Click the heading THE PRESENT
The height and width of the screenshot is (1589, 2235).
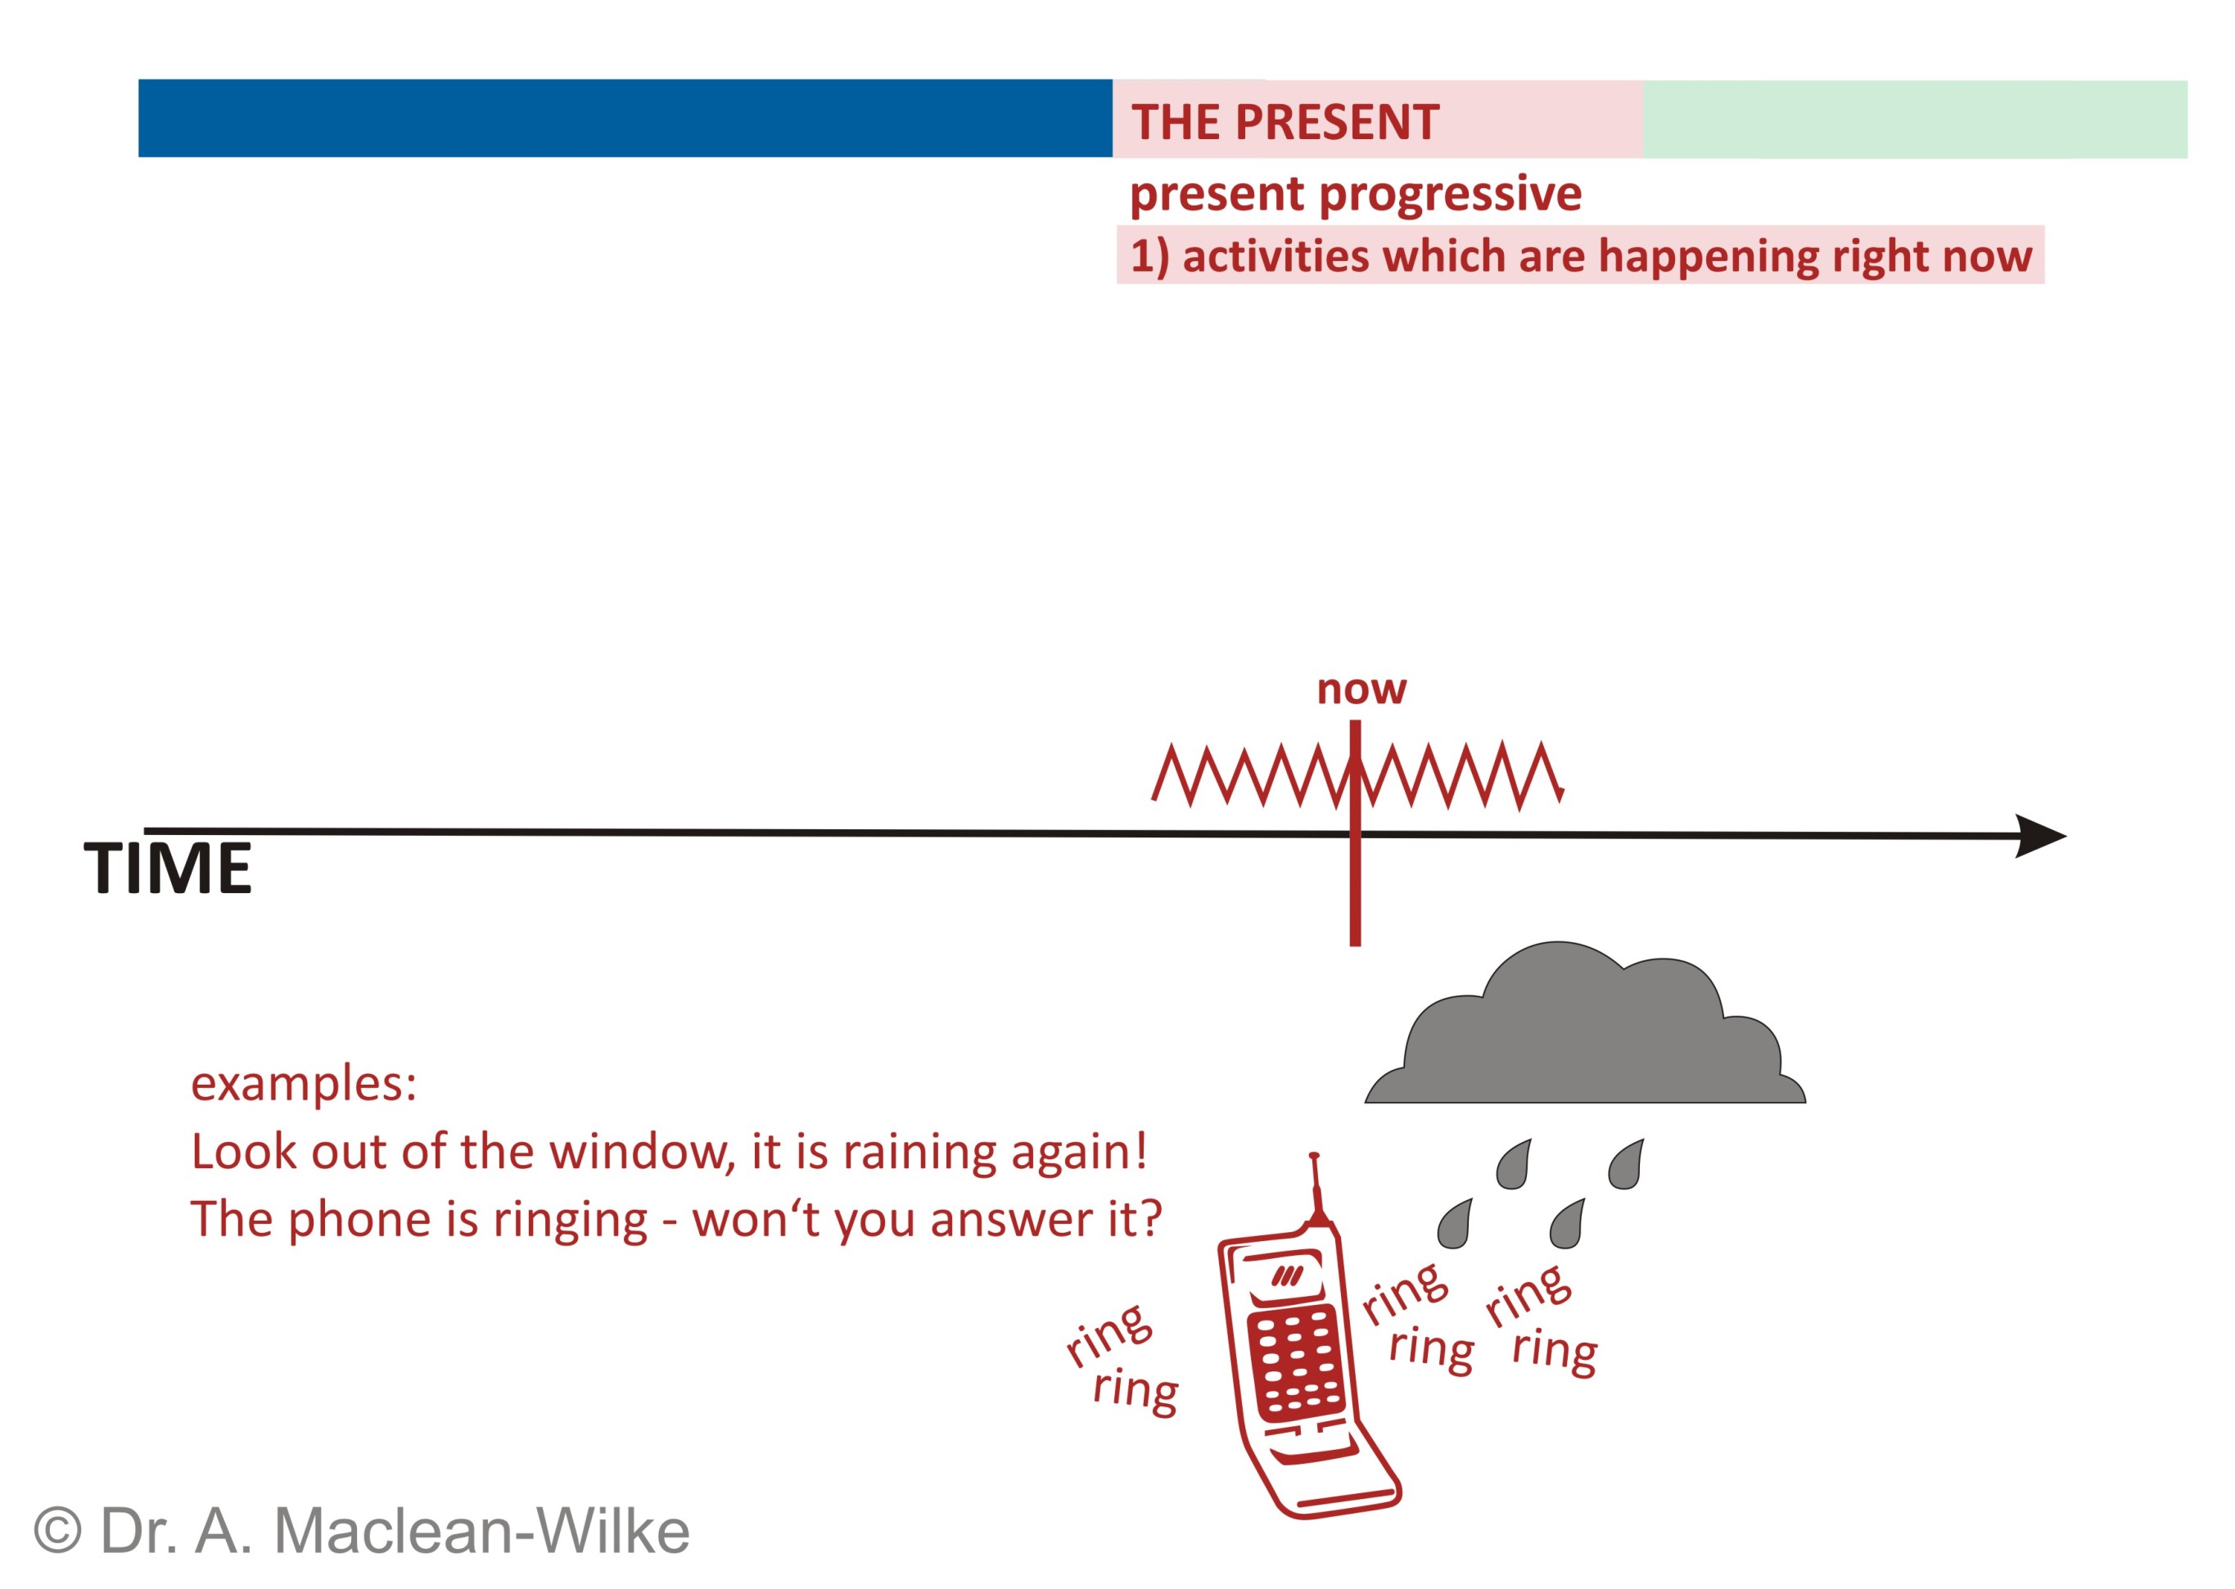coord(1285,122)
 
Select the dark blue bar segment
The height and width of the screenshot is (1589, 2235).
coord(625,119)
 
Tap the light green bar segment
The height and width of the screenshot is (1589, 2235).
coord(1915,120)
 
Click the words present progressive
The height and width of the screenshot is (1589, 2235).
coord(1355,194)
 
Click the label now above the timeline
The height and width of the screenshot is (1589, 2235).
coord(1361,690)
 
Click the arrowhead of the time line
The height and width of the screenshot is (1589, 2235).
coord(2040,836)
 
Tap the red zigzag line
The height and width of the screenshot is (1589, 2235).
coord(1357,776)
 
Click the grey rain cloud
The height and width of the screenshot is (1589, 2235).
coord(1584,1024)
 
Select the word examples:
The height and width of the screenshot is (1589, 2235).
coord(304,1085)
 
